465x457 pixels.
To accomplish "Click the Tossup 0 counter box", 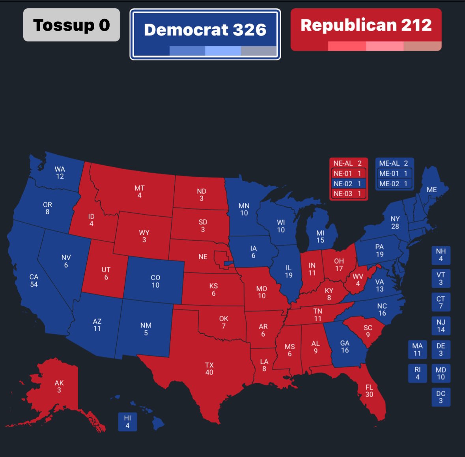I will point(71,25).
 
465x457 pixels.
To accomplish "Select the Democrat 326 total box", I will point(205,34).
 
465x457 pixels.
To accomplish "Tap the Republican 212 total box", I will point(366,29).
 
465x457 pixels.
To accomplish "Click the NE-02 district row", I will point(348,184).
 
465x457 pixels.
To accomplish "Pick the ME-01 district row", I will point(394,173).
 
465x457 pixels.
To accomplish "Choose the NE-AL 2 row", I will point(348,163).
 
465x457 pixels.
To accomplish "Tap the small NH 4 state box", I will point(441,255).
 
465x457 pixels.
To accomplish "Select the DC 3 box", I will point(441,397).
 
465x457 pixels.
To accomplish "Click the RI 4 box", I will point(417,373).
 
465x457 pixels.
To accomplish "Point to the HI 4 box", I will point(127,421).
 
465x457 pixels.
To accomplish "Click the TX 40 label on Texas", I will point(209,369).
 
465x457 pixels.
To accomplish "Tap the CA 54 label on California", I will point(34,281).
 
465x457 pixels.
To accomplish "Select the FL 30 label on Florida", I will point(369,391).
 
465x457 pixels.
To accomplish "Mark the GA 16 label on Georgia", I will point(345,346).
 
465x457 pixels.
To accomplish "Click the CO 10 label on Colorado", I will point(155,281).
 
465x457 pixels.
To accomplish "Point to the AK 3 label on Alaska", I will point(59,386).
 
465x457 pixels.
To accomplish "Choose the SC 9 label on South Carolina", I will point(368,331).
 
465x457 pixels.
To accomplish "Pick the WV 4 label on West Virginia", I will point(358,280).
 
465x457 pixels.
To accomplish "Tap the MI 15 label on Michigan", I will point(320,236).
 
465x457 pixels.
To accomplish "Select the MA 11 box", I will point(417,350).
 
